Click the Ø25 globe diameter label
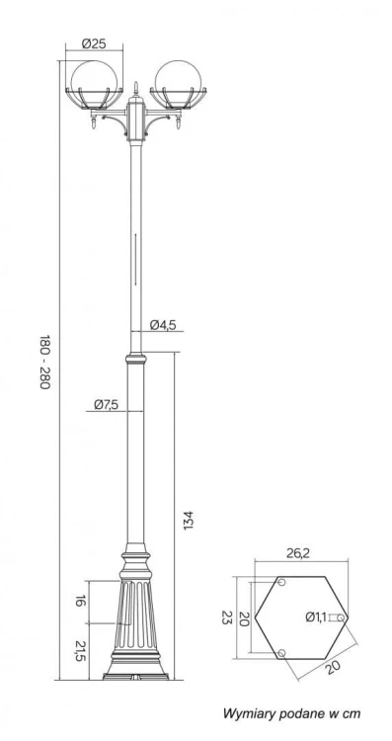click(x=94, y=43)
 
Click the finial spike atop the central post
click(x=136, y=88)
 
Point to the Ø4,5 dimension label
click(x=163, y=325)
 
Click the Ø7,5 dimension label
click(x=107, y=404)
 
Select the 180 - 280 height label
click(x=44, y=362)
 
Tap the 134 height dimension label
click(x=189, y=520)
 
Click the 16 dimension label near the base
click(x=80, y=601)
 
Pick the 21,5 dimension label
click(x=80, y=651)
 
